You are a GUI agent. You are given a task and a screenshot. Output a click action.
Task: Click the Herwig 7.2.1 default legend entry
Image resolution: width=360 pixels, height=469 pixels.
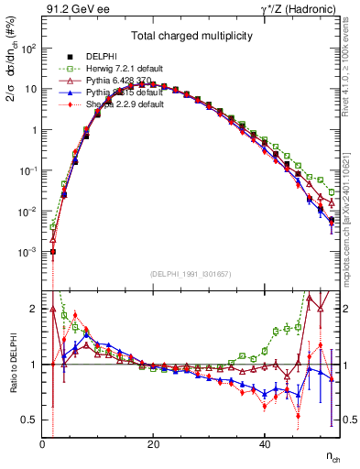(x=128, y=69)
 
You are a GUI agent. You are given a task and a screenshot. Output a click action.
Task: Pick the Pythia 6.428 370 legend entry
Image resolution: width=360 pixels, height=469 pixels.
(x=125, y=81)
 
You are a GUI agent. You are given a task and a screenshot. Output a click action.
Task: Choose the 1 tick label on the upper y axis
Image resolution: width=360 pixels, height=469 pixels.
(x=35, y=130)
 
